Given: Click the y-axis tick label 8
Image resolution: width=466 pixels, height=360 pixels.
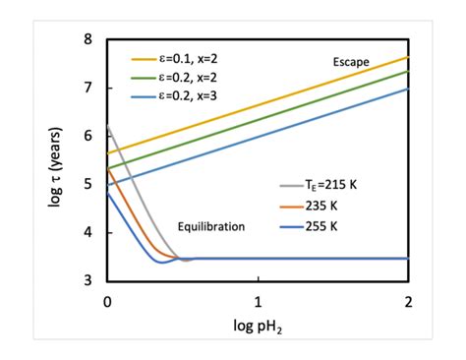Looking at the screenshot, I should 87,40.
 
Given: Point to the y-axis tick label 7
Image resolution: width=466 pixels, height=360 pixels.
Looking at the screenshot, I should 87,89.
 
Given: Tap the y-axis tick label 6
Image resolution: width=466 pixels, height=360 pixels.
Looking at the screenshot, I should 87,137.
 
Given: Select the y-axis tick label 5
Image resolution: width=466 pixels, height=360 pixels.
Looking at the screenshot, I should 87,184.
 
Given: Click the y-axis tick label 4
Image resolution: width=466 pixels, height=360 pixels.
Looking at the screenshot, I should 87,232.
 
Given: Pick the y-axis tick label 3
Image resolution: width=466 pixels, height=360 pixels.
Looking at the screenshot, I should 87,280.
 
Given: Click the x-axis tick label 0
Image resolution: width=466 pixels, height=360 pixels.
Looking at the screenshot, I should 107,299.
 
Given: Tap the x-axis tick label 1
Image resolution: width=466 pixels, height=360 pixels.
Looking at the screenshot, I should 258,299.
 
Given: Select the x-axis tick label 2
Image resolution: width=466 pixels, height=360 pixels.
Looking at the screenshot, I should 407,299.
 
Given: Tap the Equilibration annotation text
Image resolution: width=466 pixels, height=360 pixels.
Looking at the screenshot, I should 210,226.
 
